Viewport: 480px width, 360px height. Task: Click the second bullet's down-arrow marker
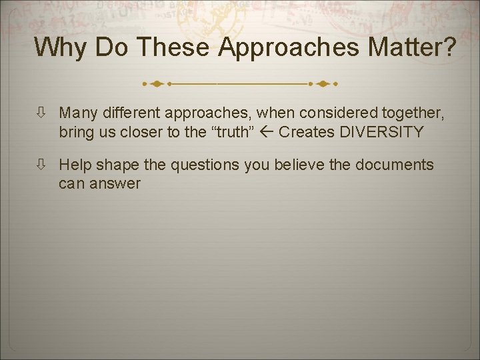click(x=41, y=165)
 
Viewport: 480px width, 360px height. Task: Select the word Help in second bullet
click(x=74, y=165)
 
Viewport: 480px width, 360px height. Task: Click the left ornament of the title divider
click(x=156, y=85)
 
